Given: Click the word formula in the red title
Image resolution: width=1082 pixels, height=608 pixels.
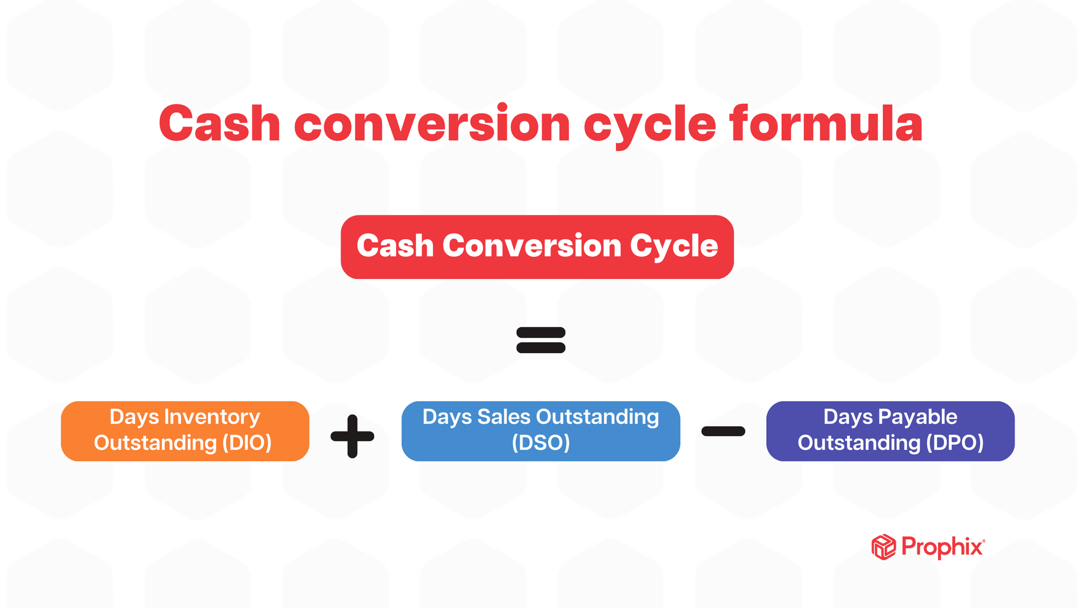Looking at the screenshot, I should [x=826, y=123].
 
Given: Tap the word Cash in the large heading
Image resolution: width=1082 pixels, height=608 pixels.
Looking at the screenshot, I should [x=219, y=123].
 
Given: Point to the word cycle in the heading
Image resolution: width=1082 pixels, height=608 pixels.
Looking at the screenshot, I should [x=649, y=125].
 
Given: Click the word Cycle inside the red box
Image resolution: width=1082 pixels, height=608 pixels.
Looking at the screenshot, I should [x=674, y=246].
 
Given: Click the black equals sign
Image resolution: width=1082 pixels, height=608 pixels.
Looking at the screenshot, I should [x=541, y=340].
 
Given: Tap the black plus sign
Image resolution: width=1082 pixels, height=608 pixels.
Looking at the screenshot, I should [x=352, y=436].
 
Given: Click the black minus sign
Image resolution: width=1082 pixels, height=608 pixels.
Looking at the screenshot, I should [x=723, y=432].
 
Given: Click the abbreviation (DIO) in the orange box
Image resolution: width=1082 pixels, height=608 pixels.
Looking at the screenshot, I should [x=246, y=443].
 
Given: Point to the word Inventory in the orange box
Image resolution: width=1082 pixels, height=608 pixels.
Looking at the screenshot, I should [x=212, y=417].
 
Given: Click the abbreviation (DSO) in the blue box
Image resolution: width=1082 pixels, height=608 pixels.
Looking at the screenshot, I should [x=541, y=443].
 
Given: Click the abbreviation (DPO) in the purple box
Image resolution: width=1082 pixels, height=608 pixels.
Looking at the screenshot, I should [x=955, y=443].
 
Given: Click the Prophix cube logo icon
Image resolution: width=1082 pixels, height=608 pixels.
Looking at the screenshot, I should [x=883, y=547].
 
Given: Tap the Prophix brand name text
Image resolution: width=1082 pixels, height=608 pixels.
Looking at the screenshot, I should [x=942, y=547].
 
